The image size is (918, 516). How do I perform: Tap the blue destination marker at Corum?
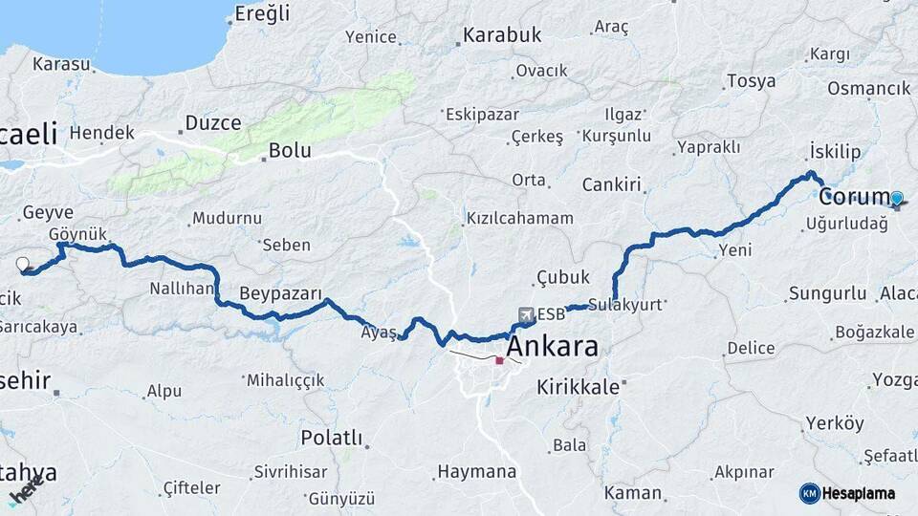(896, 199)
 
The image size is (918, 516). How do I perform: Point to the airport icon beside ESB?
(525, 314)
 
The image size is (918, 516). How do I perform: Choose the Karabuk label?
(502, 35)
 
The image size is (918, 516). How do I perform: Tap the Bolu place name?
(290, 150)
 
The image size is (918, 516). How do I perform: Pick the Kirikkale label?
(579, 387)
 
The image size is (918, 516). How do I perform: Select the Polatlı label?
(332, 438)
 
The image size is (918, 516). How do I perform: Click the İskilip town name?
(835, 153)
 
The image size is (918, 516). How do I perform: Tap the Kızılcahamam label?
(520, 219)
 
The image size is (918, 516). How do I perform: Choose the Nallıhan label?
(181, 289)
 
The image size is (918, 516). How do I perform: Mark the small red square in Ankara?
(499, 361)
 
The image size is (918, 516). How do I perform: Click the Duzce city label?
(212, 122)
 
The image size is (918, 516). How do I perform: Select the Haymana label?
(476, 471)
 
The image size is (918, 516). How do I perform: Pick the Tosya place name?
(751, 81)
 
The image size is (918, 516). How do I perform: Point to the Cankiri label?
(611, 184)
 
